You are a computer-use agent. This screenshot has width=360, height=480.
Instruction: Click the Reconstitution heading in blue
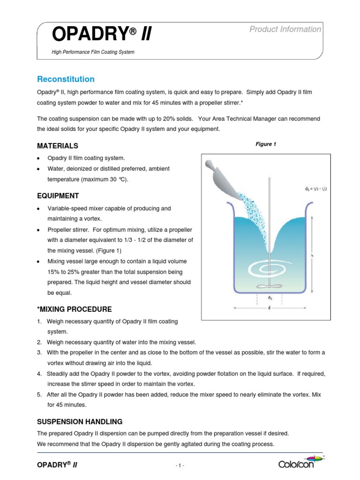click(66, 79)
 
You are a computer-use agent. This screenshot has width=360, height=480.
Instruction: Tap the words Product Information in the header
click(285, 30)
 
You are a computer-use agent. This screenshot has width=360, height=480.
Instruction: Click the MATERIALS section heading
click(58, 146)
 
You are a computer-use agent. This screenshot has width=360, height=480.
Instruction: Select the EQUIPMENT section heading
click(58, 195)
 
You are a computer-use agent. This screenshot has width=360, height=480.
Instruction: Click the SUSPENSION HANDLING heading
click(80, 421)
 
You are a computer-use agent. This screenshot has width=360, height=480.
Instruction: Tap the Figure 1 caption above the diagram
click(266, 144)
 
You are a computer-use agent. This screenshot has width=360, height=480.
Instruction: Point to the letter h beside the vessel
click(312, 255)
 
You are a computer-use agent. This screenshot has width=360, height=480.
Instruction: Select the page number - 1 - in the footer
click(180, 465)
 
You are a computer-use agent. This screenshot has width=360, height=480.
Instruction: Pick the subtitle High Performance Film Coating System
click(93, 52)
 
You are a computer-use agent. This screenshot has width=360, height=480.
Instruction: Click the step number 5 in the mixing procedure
click(39, 394)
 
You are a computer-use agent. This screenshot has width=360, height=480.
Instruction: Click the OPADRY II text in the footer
click(57, 464)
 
